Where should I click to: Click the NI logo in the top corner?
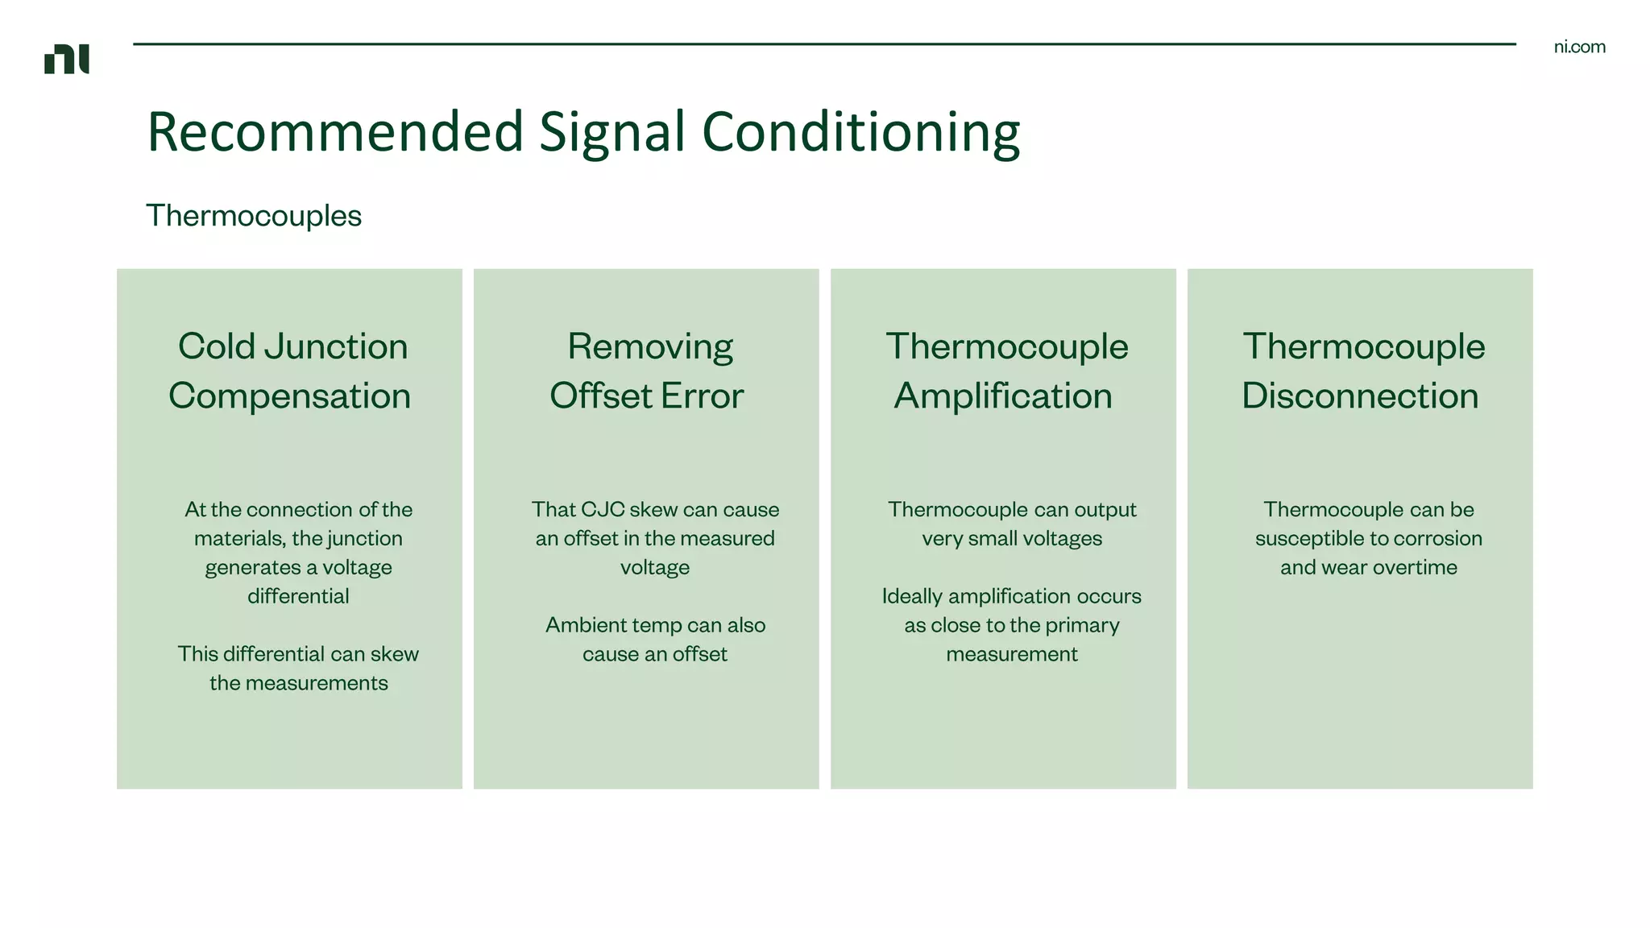(x=67, y=59)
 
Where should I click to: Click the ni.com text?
(x=1579, y=47)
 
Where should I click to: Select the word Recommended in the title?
(x=335, y=131)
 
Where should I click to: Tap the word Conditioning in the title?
(x=860, y=131)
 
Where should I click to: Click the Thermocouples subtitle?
(x=254, y=216)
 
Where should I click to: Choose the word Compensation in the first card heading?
(x=289, y=396)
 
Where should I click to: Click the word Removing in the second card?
(x=650, y=346)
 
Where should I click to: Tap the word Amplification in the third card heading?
(x=1003, y=396)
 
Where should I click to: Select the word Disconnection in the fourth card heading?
(x=1360, y=396)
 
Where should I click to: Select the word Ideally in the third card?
(x=912, y=596)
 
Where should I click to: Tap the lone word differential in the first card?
(x=298, y=596)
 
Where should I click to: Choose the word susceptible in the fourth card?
(x=1304, y=538)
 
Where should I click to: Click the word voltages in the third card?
(x=1062, y=538)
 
